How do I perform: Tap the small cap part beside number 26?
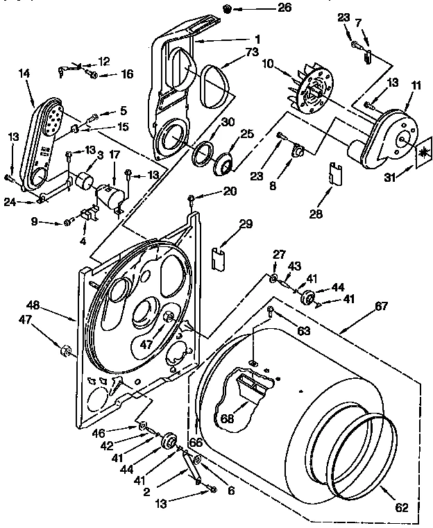point(226,8)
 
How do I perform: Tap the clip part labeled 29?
point(216,257)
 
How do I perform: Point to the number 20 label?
point(212,191)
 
